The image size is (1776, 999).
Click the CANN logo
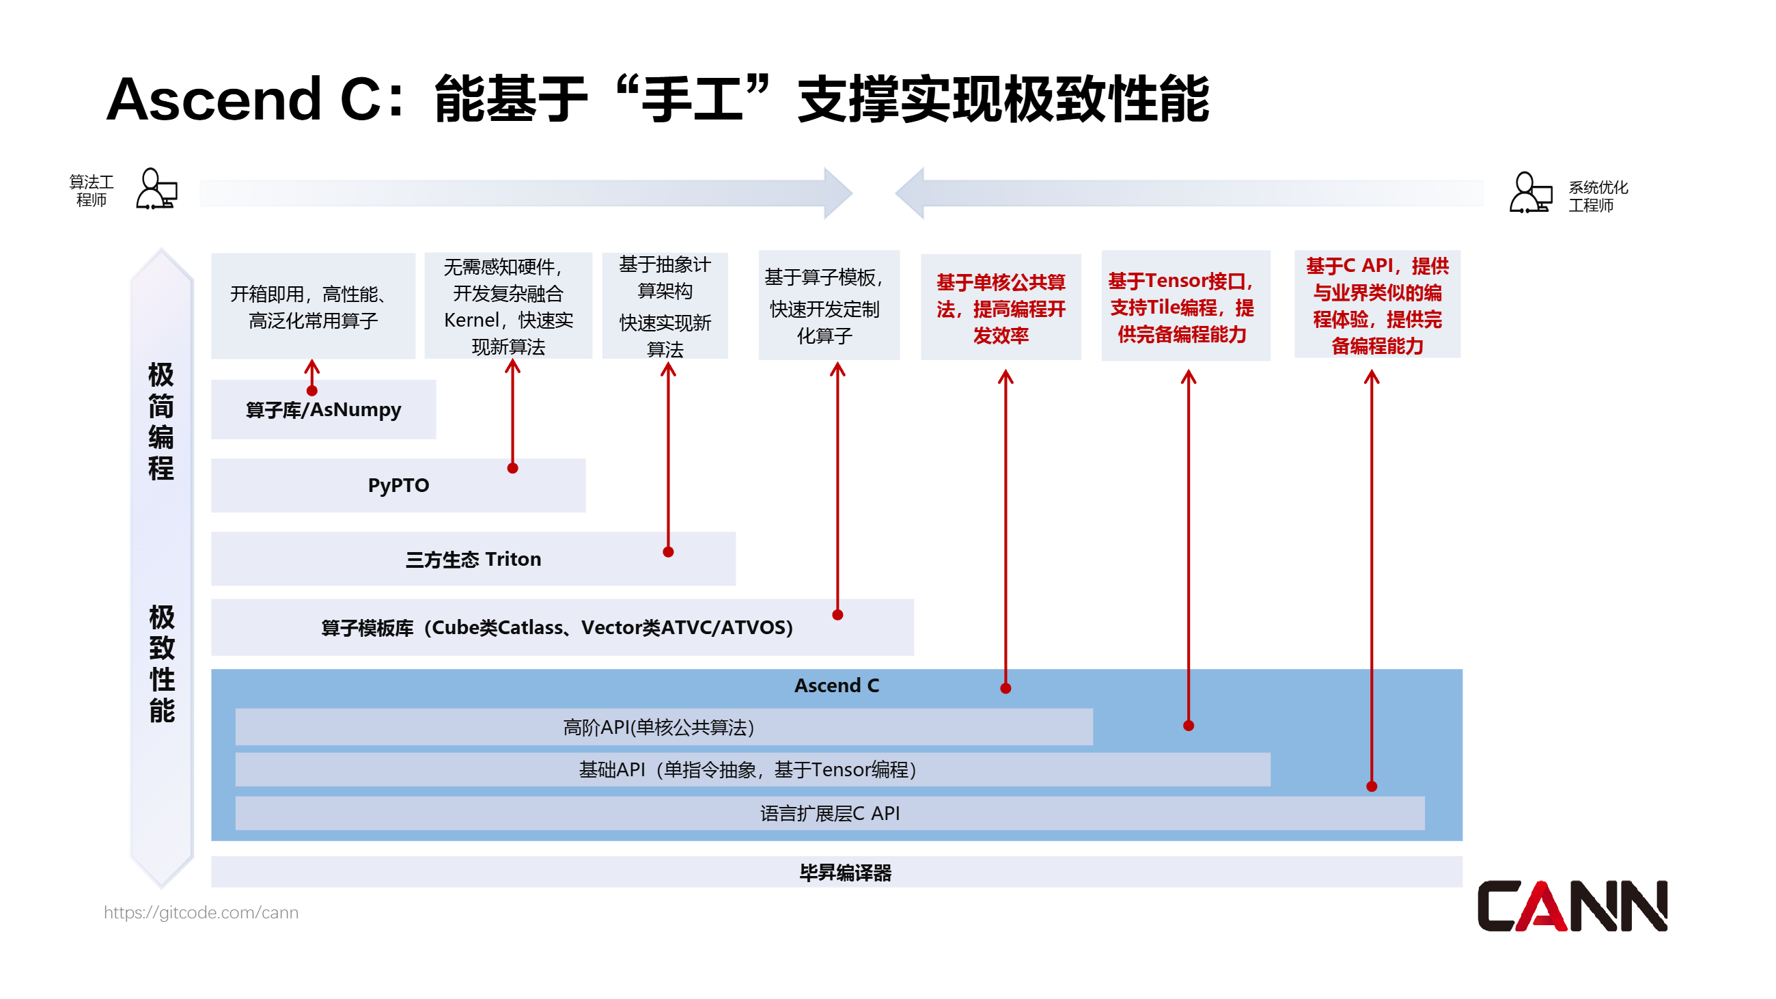1571,906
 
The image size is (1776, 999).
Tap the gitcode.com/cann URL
201,912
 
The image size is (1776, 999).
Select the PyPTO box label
398,485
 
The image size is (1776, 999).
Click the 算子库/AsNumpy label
323,409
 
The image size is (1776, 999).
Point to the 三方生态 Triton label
473,559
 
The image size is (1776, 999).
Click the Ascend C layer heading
836,685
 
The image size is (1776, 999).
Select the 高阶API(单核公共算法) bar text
658,727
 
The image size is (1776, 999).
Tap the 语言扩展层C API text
829,814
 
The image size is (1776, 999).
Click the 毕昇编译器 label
845,873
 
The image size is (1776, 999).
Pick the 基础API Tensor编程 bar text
748,769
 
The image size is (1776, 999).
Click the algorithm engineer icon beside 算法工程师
156,189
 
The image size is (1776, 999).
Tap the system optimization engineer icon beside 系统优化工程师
1530,193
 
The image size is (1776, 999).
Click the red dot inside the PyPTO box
512,469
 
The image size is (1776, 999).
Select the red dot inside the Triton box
668,552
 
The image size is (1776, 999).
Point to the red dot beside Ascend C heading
1005,689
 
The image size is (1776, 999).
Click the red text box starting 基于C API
1377,305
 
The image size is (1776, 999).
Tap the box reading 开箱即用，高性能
313,307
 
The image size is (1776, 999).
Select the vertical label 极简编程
161,421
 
